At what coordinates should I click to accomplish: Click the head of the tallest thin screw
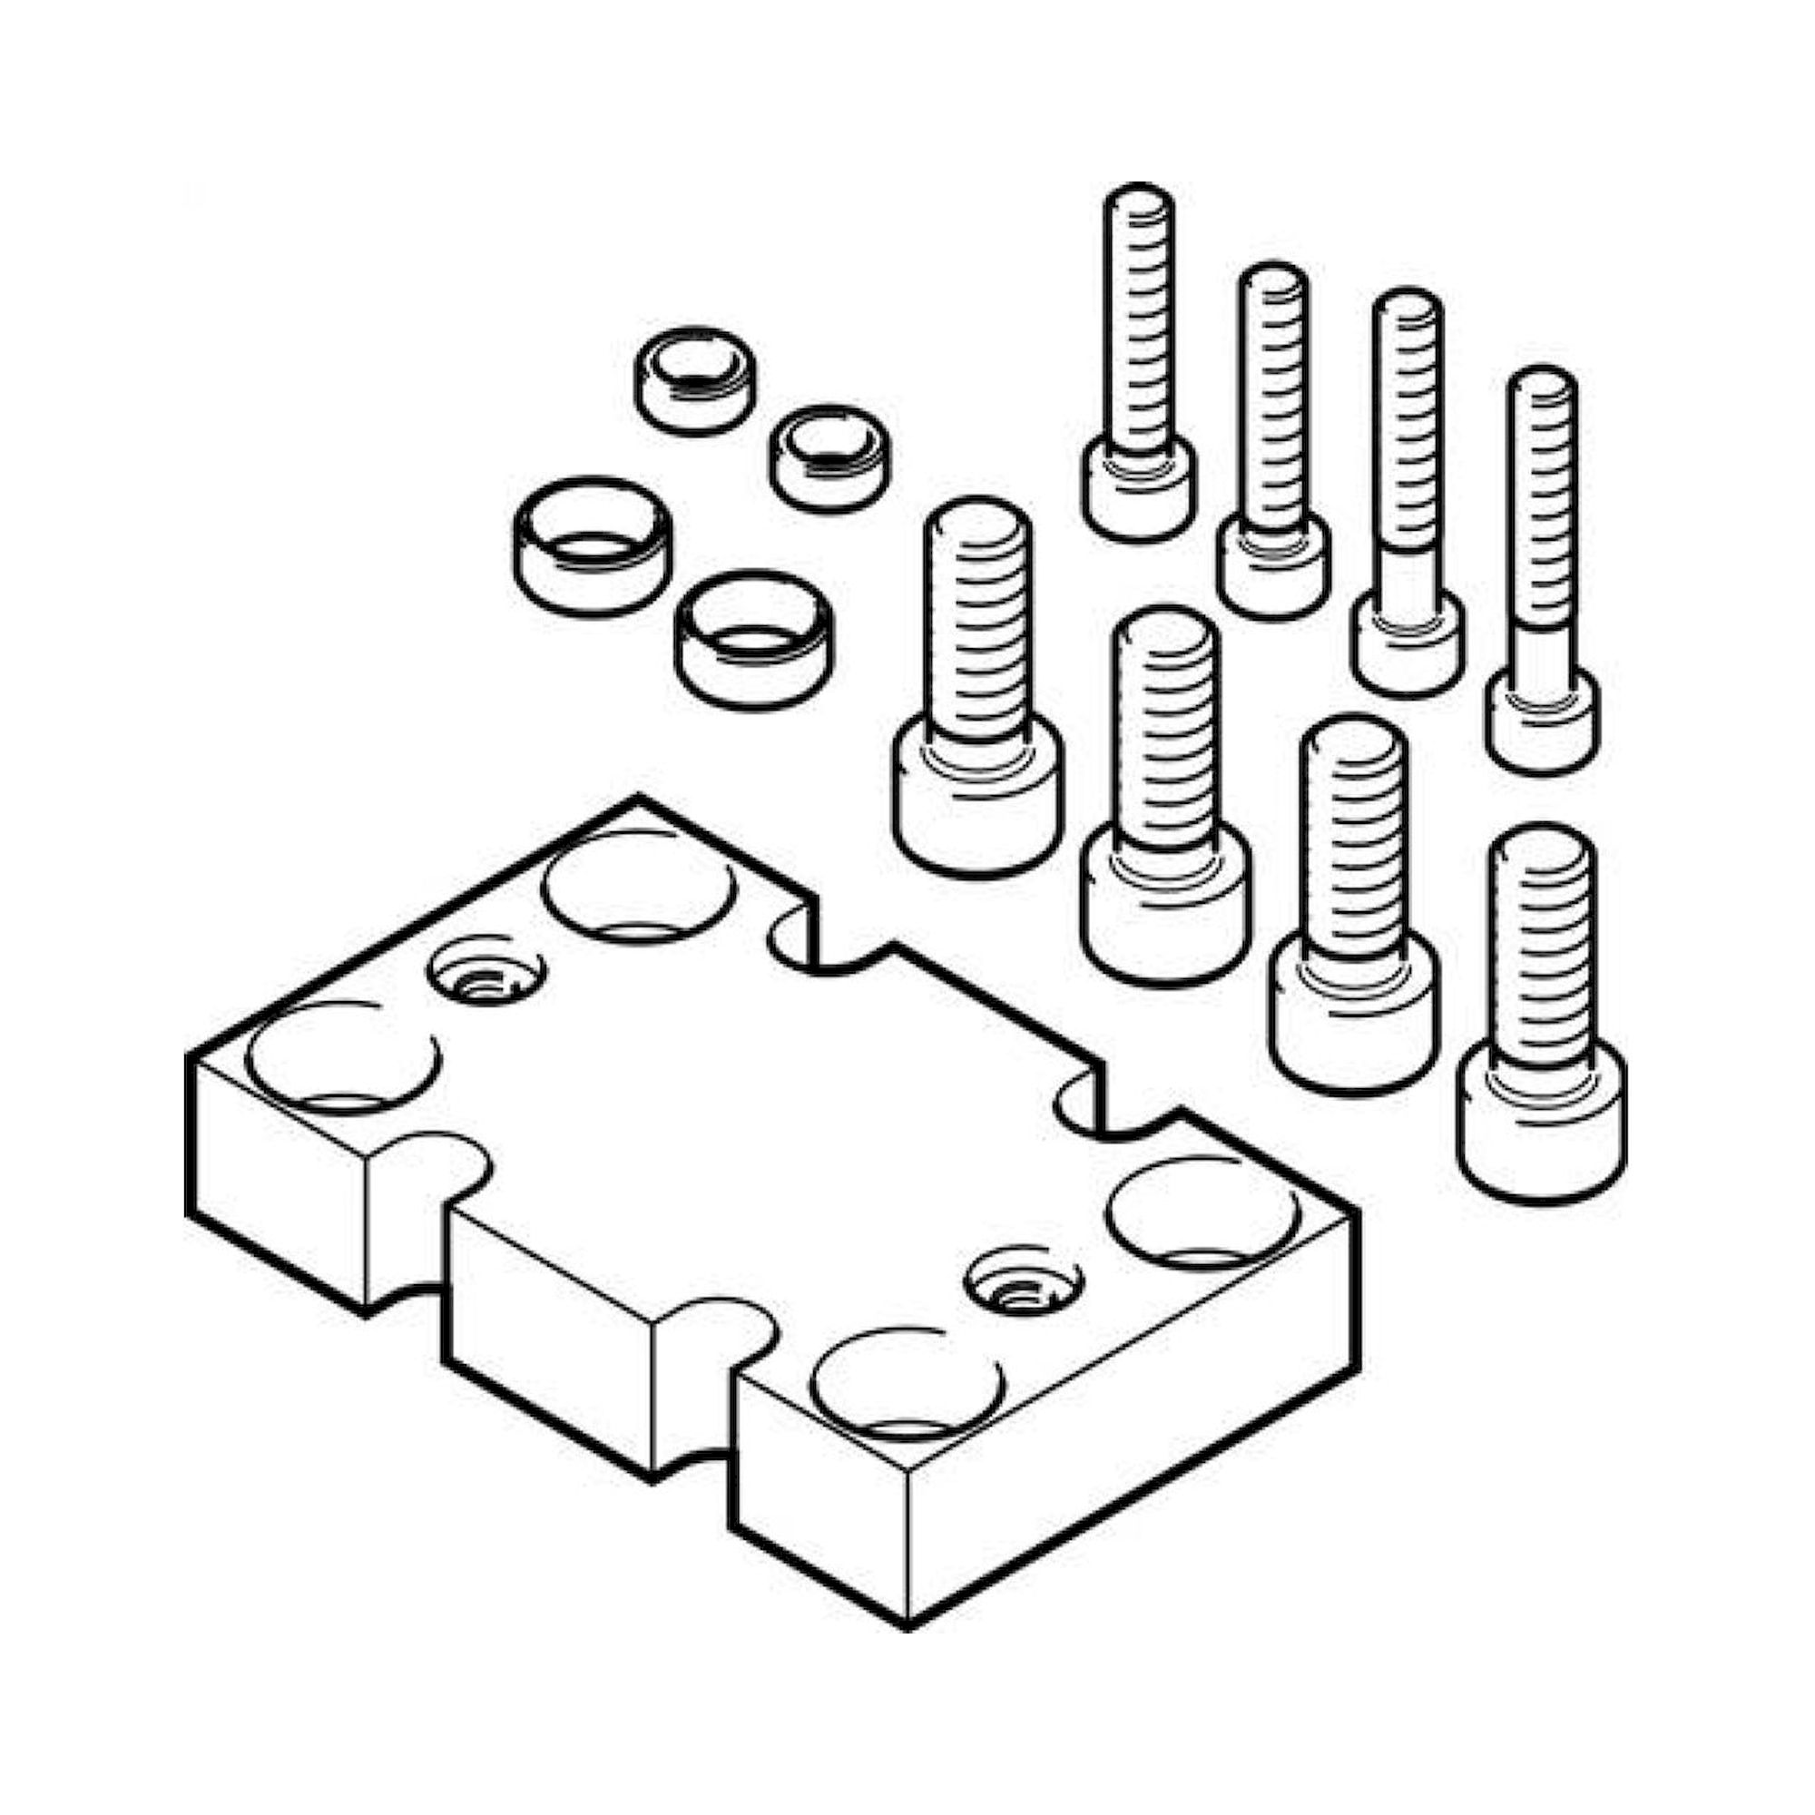click(x=1140, y=488)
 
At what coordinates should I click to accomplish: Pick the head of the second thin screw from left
click(x=1274, y=568)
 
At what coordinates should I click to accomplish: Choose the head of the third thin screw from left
click(x=1408, y=643)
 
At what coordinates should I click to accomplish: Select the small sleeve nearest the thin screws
click(x=829, y=458)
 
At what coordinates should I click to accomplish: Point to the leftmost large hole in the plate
click(x=344, y=1057)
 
